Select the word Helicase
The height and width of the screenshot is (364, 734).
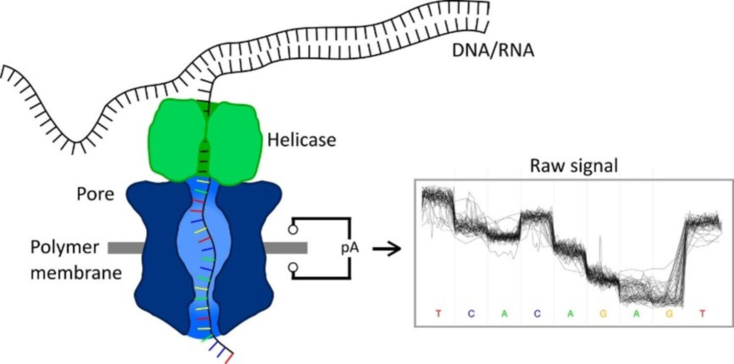(301, 140)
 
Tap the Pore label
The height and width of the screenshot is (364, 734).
(95, 195)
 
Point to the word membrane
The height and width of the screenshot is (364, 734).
(76, 272)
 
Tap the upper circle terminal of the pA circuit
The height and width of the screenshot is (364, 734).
(293, 228)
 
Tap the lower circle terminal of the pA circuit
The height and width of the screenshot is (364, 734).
(293, 267)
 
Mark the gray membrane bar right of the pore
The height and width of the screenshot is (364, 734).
(286, 248)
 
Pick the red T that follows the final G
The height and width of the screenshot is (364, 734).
(702, 314)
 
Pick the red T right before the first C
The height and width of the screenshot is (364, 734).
(438, 314)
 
